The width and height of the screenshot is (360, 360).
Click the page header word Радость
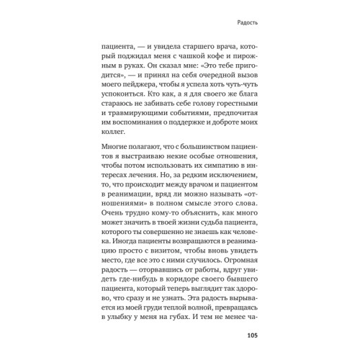(243, 22)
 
